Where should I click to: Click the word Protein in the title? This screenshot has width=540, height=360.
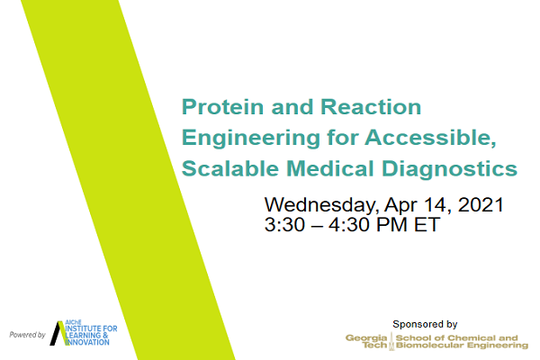223,107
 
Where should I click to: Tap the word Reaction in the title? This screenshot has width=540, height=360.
371,107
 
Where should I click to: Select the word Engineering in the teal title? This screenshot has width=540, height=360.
251,139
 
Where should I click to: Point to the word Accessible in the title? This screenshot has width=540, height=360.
430,138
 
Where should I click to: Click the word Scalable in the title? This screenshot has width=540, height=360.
230,168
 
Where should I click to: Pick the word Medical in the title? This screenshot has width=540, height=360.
330,168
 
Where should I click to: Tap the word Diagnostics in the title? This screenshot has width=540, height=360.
449,169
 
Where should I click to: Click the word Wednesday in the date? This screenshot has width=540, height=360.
320,205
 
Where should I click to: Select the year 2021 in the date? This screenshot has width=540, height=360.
481,204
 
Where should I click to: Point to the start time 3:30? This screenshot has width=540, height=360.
284,225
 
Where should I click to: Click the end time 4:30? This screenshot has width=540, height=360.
349,225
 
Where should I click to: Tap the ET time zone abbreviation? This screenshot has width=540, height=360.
427,225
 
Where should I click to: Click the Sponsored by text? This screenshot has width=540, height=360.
425,324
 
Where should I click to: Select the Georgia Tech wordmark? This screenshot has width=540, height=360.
366,341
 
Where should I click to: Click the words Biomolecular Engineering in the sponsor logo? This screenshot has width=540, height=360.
462,346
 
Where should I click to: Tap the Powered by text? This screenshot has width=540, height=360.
28,335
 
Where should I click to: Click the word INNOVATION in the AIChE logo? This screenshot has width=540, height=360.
87,342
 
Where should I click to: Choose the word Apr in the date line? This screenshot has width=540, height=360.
399,206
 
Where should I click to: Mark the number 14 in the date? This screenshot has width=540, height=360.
436,204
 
